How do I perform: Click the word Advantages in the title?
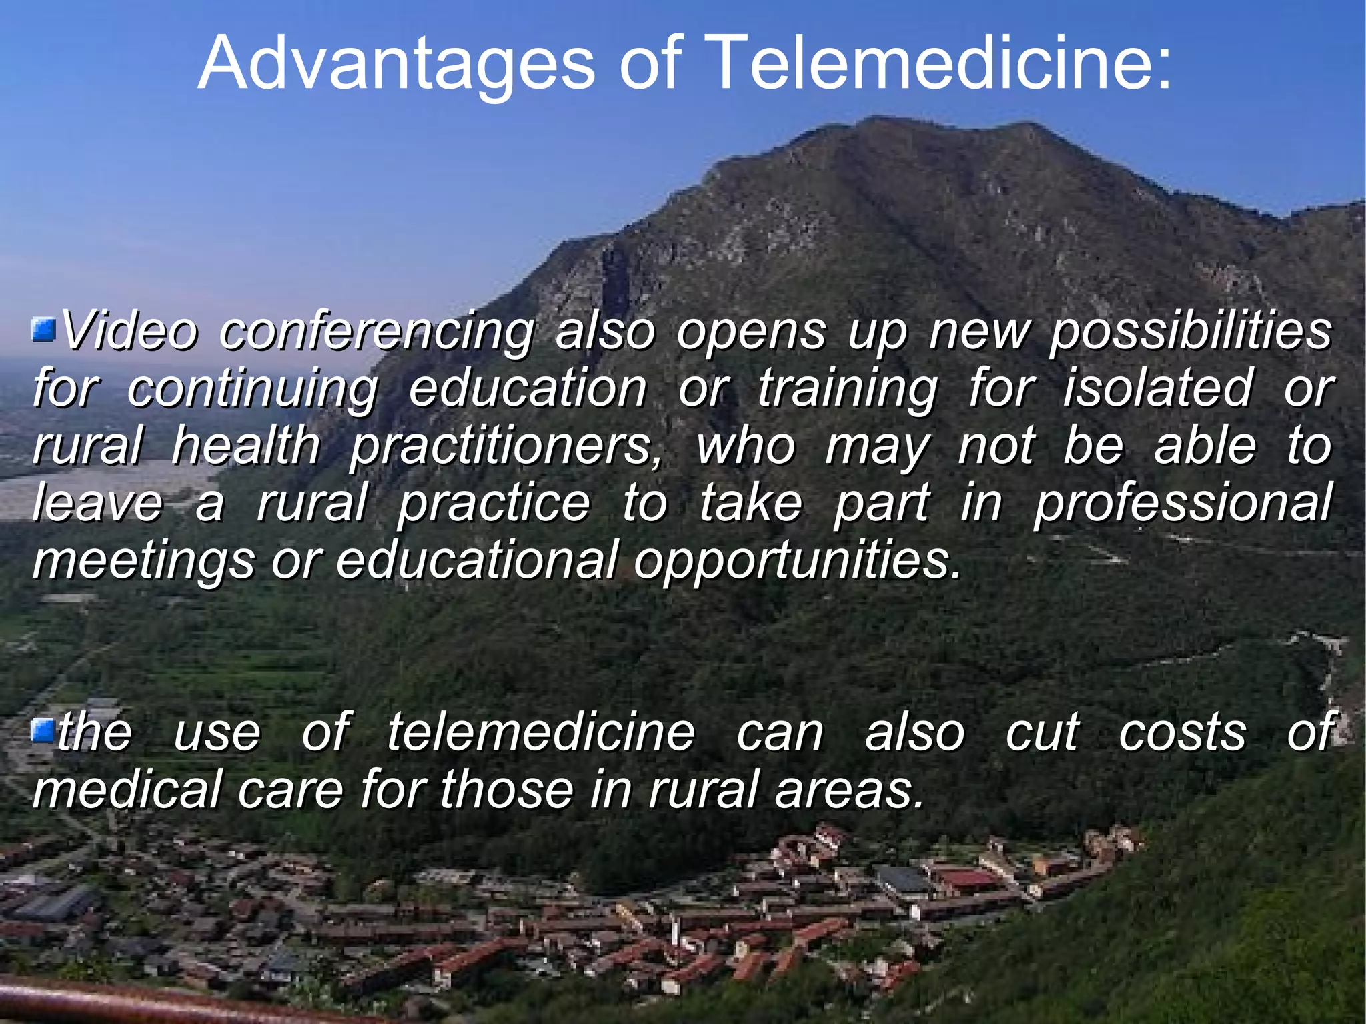click(x=396, y=63)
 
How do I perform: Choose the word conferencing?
click(x=378, y=332)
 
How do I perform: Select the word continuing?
click(x=253, y=389)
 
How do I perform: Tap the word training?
click(x=848, y=389)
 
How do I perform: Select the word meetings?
click(x=143, y=561)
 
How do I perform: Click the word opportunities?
click(x=798, y=561)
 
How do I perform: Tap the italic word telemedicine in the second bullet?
click(x=541, y=732)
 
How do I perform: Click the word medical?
click(x=127, y=789)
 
